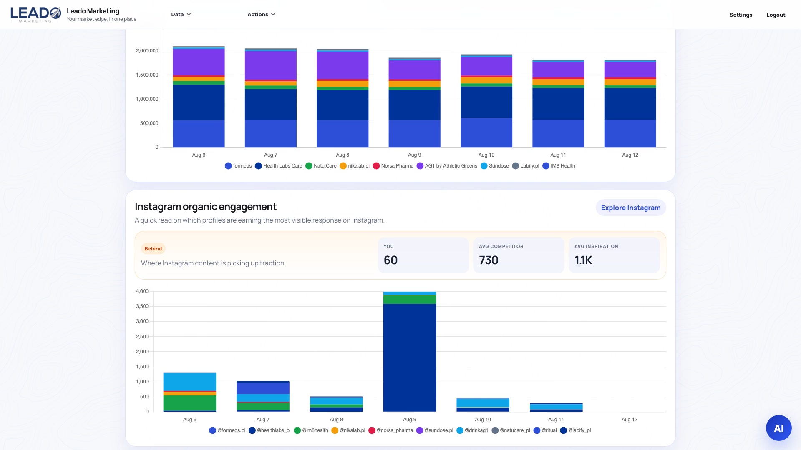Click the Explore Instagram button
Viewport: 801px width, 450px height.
(630, 207)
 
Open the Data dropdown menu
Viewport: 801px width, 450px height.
(181, 15)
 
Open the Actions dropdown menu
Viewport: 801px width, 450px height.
(261, 15)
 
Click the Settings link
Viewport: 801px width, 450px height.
(741, 15)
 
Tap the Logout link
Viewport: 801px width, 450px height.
(776, 15)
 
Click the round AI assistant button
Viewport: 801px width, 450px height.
(778, 428)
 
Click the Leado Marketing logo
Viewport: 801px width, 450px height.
(36, 15)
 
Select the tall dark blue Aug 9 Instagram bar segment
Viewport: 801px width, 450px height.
(410, 357)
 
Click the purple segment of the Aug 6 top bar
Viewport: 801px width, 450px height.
(199, 62)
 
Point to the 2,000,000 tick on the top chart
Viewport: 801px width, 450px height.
(147, 51)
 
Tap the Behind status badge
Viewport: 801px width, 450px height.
(153, 249)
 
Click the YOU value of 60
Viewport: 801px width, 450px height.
(390, 260)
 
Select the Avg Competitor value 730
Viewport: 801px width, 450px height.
(489, 260)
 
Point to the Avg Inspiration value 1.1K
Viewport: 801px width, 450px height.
(583, 260)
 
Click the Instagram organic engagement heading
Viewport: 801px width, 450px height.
(206, 207)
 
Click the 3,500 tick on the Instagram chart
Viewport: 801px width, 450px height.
(142, 306)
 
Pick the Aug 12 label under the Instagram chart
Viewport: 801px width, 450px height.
(629, 420)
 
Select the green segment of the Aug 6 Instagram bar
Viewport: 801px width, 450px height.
(190, 403)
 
